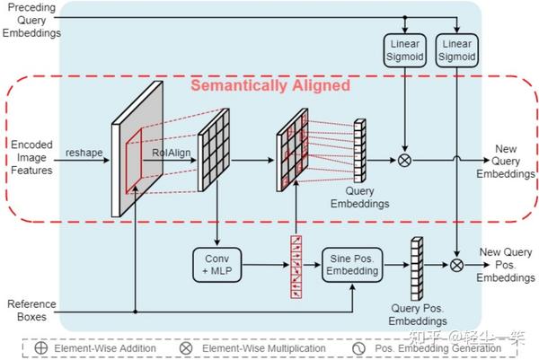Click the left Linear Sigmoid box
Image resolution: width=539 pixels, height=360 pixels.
(402, 49)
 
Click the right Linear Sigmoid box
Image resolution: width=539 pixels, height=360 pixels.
(455, 49)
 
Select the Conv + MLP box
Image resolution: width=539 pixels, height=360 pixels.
(216, 264)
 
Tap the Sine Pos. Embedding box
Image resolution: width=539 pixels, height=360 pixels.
(352, 264)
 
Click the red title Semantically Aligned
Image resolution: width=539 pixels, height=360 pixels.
(269, 86)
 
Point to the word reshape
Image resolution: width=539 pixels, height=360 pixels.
(84, 154)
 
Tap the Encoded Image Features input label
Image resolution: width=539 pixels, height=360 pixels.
(31, 159)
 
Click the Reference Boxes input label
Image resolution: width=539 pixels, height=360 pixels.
(31, 311)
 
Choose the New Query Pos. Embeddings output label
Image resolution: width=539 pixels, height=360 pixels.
(506, 265)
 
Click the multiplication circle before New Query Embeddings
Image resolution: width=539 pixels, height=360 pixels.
(403, 161)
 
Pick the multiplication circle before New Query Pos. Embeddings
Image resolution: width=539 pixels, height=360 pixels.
(456, 265)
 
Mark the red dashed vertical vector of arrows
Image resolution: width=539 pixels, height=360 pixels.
(295, 266)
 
